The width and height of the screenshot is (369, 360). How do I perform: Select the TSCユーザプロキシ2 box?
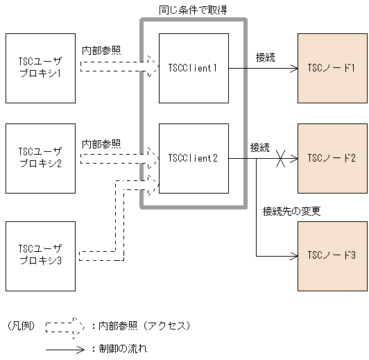[40, 158]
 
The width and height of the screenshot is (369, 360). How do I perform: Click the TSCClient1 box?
[194, 68]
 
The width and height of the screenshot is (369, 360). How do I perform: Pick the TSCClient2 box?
[194, 158]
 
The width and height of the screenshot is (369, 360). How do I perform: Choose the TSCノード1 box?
[331, 68]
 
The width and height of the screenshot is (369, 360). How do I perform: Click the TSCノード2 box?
[331, 158]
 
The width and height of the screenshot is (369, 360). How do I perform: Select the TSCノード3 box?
[331, 255]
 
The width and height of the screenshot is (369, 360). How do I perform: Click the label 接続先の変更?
[291, 211]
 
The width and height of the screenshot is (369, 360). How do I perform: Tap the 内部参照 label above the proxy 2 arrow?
[101, 144]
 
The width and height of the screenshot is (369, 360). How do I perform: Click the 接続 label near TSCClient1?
[265, 57]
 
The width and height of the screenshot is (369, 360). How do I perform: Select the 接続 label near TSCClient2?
[260, 147]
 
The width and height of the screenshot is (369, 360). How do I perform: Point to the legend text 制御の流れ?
[123, 349]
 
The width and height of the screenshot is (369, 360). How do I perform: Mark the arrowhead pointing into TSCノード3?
[292, 255]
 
